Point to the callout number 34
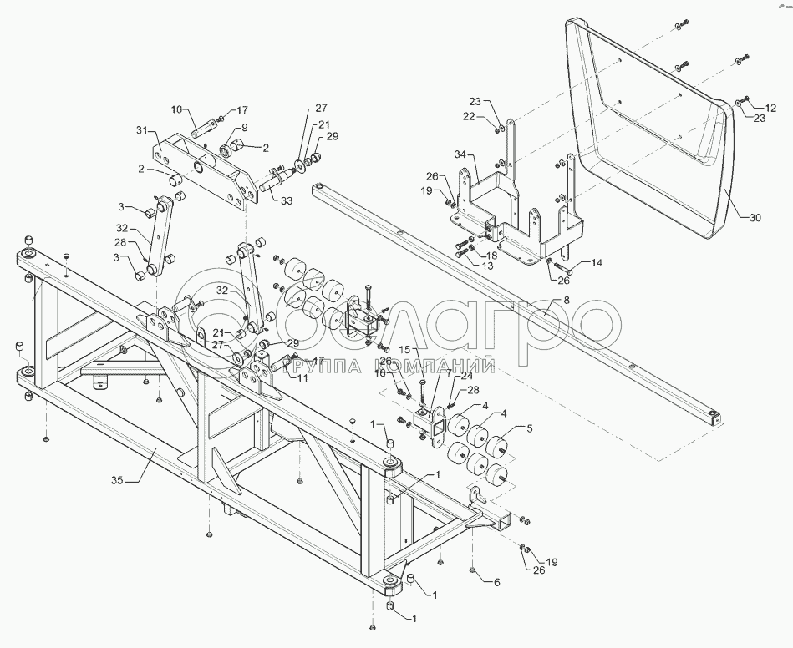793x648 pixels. tap(460, 156)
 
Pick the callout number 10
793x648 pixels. tap(176, 109)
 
